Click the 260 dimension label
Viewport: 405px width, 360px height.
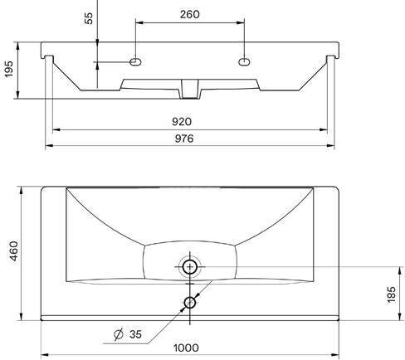190,14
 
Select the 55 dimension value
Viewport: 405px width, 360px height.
89,18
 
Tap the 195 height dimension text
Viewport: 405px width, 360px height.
9,69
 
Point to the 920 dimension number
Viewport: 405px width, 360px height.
182,121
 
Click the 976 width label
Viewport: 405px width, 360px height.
184,139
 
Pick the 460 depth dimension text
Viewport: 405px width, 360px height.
13,251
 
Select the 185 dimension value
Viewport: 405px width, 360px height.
391,295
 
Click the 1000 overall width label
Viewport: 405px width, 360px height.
186,348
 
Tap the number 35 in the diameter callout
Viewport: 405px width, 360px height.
135,334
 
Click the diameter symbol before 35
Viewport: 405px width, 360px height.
119,334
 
